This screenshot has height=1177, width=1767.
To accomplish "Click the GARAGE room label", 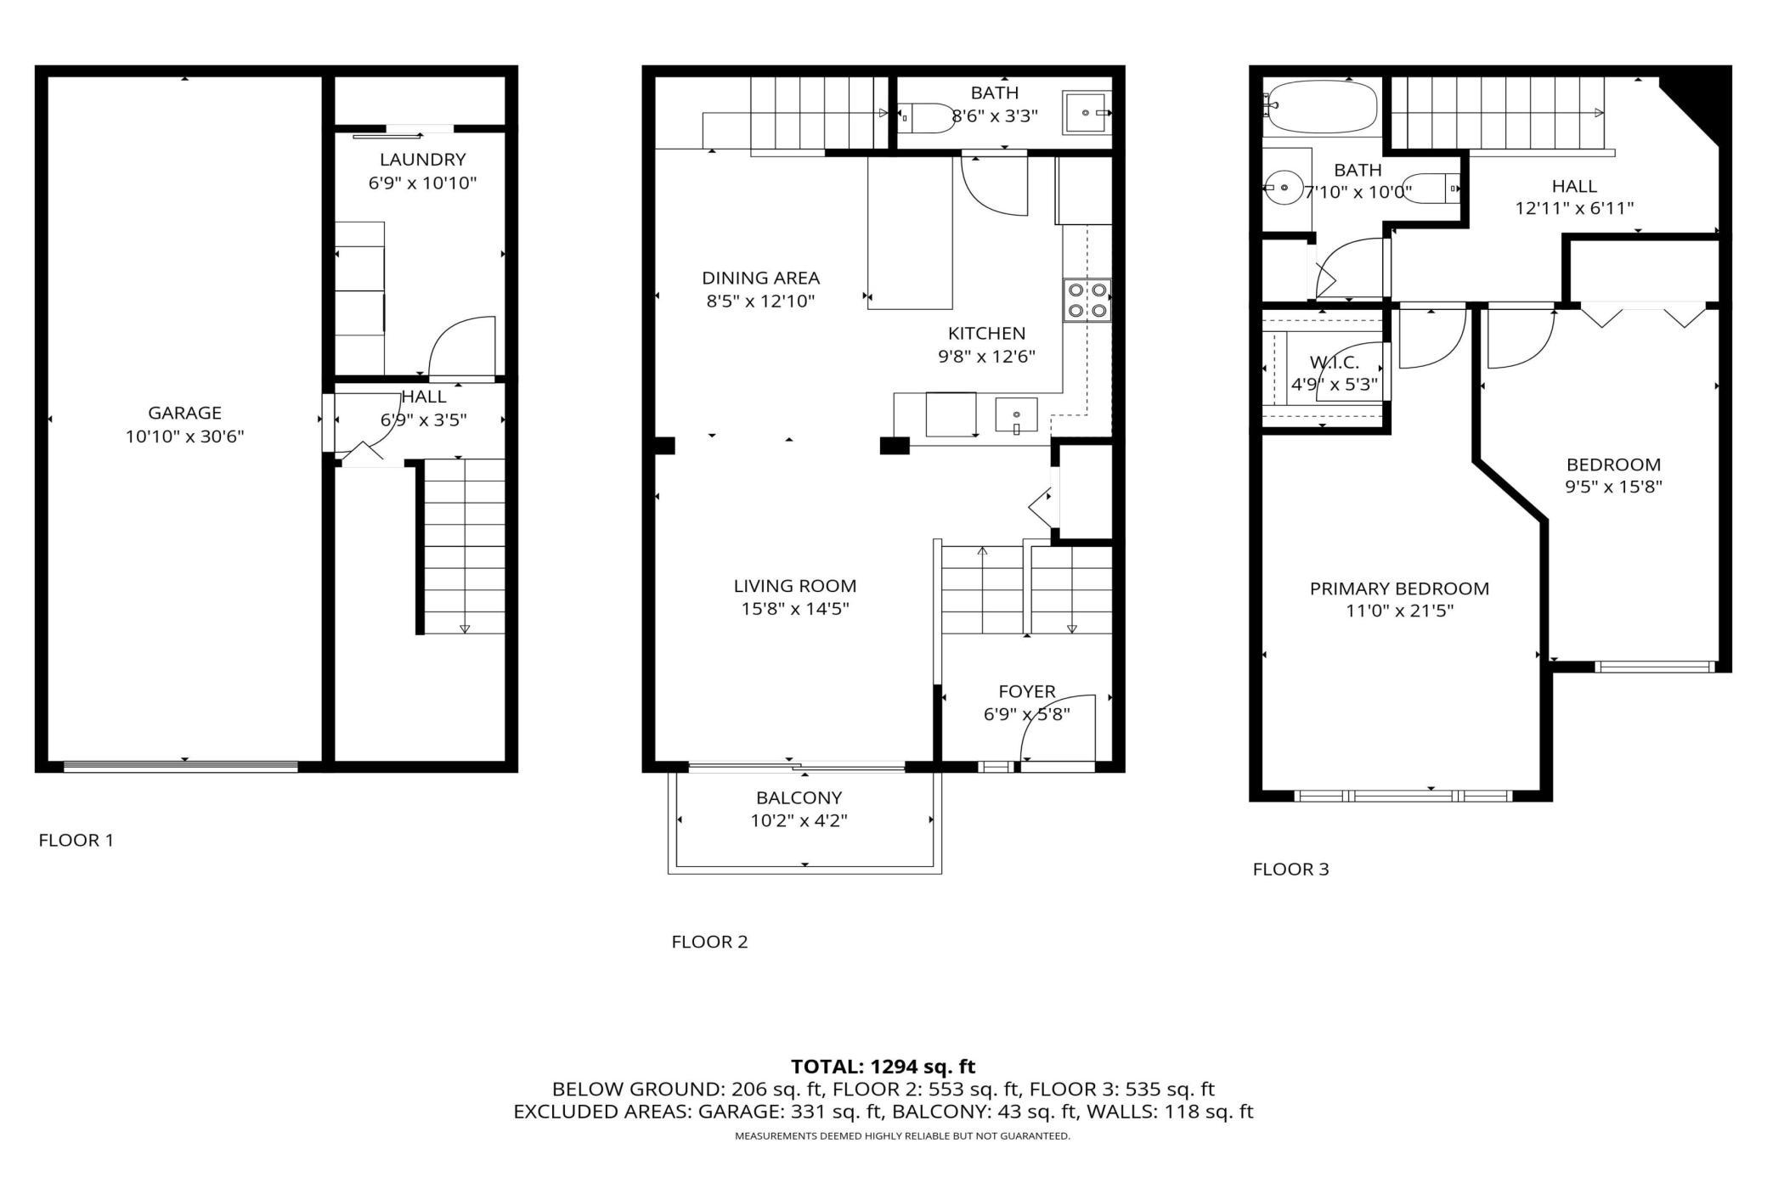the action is click(x=184, y=413).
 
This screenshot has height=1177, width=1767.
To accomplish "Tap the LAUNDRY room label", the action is click(x=422, y=159).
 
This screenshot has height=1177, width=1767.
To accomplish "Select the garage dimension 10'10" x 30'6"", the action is click(x=184, y=436).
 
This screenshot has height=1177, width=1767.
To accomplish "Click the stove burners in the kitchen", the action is click(x=1087, y=300).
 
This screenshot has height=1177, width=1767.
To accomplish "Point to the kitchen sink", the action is click(x=1016, y=415).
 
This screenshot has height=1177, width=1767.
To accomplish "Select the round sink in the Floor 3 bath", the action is click(x=1284, y=187).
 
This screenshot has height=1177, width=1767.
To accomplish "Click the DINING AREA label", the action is click(x=760, y=278).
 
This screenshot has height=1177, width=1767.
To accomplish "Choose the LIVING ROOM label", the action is click(x=795, y=586).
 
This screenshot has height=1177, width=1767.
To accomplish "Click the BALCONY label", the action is click(x=799, y=797).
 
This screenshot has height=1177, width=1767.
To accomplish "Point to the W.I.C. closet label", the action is click(x=1335, y=362).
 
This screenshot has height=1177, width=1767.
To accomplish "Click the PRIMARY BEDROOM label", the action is click(x=1399, y=588).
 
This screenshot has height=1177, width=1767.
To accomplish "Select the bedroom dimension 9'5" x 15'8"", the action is click(x=1613, y=487).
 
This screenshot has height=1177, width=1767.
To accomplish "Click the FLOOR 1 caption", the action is click(x=76, y=840).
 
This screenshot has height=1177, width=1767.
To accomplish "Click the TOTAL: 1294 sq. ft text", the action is click(x=883, y=1067).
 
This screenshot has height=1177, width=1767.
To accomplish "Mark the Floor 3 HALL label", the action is click(x=1574, y=186).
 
